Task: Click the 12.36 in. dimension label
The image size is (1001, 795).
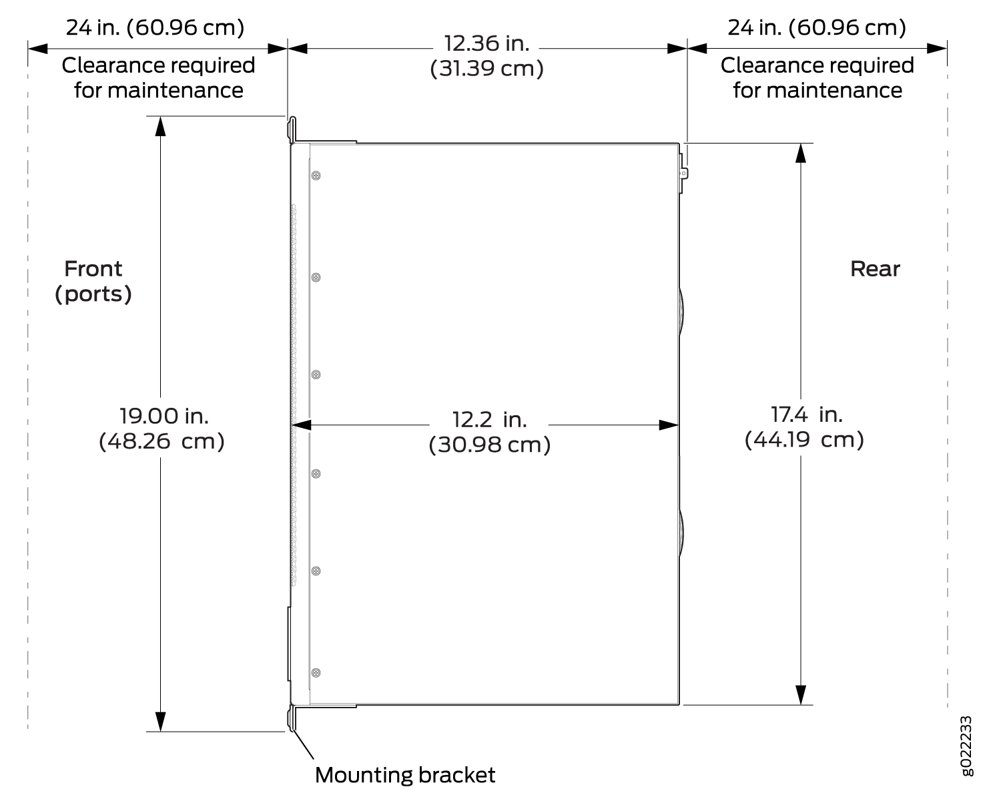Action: point(486,44)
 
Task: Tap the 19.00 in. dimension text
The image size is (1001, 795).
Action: point(164,416)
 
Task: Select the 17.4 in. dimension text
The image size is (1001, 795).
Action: point(807,415)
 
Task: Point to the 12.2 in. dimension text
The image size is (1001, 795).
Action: point(489,420)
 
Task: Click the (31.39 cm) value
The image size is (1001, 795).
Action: point(486,69)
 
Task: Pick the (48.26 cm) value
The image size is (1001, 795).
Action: point(162,441)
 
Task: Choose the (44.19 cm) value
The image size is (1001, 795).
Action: point(804,439)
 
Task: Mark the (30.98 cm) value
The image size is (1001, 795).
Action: point(489,445)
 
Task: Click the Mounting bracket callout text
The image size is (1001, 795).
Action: point(405,776)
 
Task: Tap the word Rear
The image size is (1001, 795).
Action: point(875,269)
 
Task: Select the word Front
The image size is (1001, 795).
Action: point(93,269)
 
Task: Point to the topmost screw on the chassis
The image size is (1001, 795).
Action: point(316,176)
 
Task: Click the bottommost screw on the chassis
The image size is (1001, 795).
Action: point(316,673)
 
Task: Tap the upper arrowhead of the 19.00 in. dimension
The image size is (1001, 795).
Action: point(160,125)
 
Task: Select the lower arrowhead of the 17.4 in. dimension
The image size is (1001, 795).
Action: point(801,695)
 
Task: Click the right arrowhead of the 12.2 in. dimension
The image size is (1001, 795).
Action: point(669,425)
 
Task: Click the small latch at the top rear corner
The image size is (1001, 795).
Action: point(683,174)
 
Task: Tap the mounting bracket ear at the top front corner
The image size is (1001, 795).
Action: point(292,130)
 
